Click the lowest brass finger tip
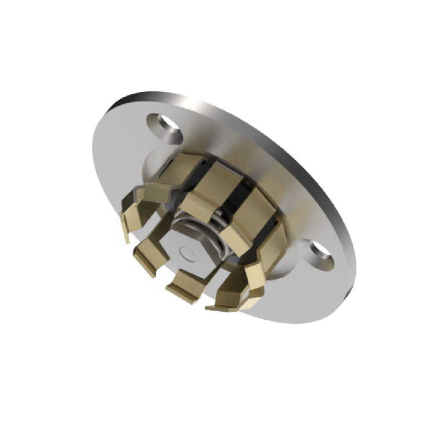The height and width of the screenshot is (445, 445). click(x=229, y=304)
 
